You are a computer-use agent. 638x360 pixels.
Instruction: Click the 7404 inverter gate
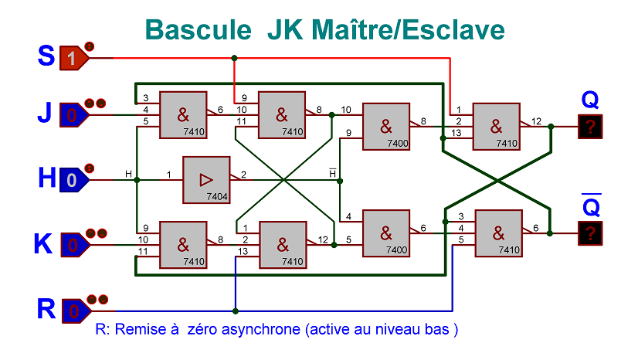pyautogui.click(x=206, y=180)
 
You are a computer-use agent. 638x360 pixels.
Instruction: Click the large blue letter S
pyautogui.click(x=46, y=56)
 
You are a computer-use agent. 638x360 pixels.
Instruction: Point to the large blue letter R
pyautogui.click(x=46, y=309)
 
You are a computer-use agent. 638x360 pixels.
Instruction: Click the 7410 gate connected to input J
pyautogui.click(x=183, y=115)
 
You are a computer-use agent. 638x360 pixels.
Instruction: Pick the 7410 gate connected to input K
pyautogui.click(x=183, y=245)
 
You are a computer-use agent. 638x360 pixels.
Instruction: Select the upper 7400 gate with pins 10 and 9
pyautogui.click(x=386, y=126)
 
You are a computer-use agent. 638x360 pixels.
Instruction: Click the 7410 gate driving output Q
pyautogui.click(x=496, y=126)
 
